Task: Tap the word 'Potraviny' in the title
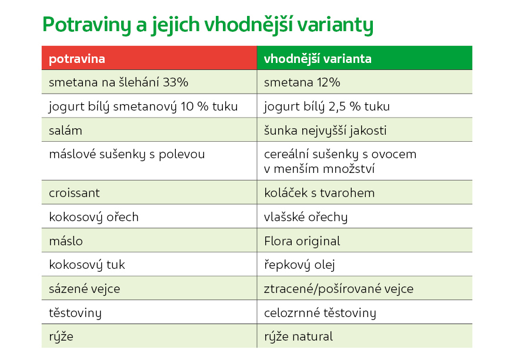[x=87, y=25]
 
